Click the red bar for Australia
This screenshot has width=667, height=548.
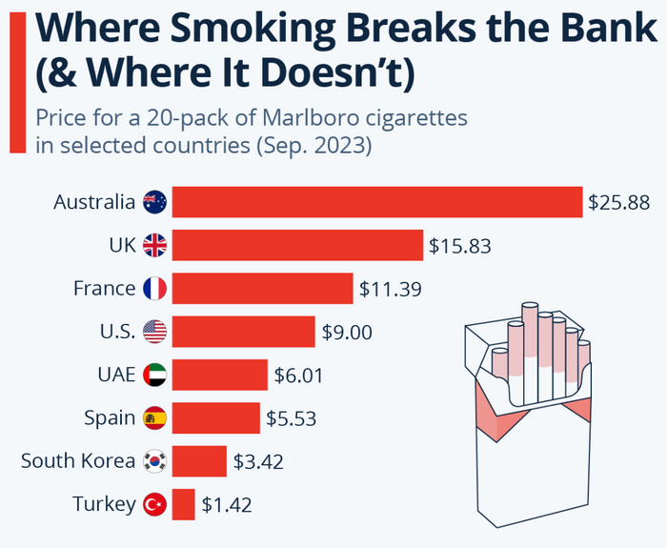pyautogui.click(x=376, y=202)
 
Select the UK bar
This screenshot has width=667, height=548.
pyautogui.click(x=296, y=245)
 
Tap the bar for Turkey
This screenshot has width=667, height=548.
pyautogui.click(x=183, y=504)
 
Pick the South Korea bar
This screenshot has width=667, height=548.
pyautogui.click(x=199, y=461)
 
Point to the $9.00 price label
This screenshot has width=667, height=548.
pyautogui.click(x=346, y=332)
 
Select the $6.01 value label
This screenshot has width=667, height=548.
pyautogui.click(x=298, y=375)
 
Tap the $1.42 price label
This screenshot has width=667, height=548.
pyautogui.click(x=227, y=504)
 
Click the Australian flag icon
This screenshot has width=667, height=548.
pyautogui.click(x=154, y=202)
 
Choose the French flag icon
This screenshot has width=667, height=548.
pyautogui.click(x=154, y=288)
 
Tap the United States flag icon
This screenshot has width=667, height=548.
pyautogui.click(x=154, y=332)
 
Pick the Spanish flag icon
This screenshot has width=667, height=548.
pyautogui.click(x=154, y=417)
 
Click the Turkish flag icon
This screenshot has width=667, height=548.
pyautogui.click(x=154, y=504)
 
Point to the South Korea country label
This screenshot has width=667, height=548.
pyautogui.click(x=78, y=461)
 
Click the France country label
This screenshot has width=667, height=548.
pyautogui.click(x=105, y=288)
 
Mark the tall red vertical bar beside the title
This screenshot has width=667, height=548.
pyautogui.click(x=16, y=76)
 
